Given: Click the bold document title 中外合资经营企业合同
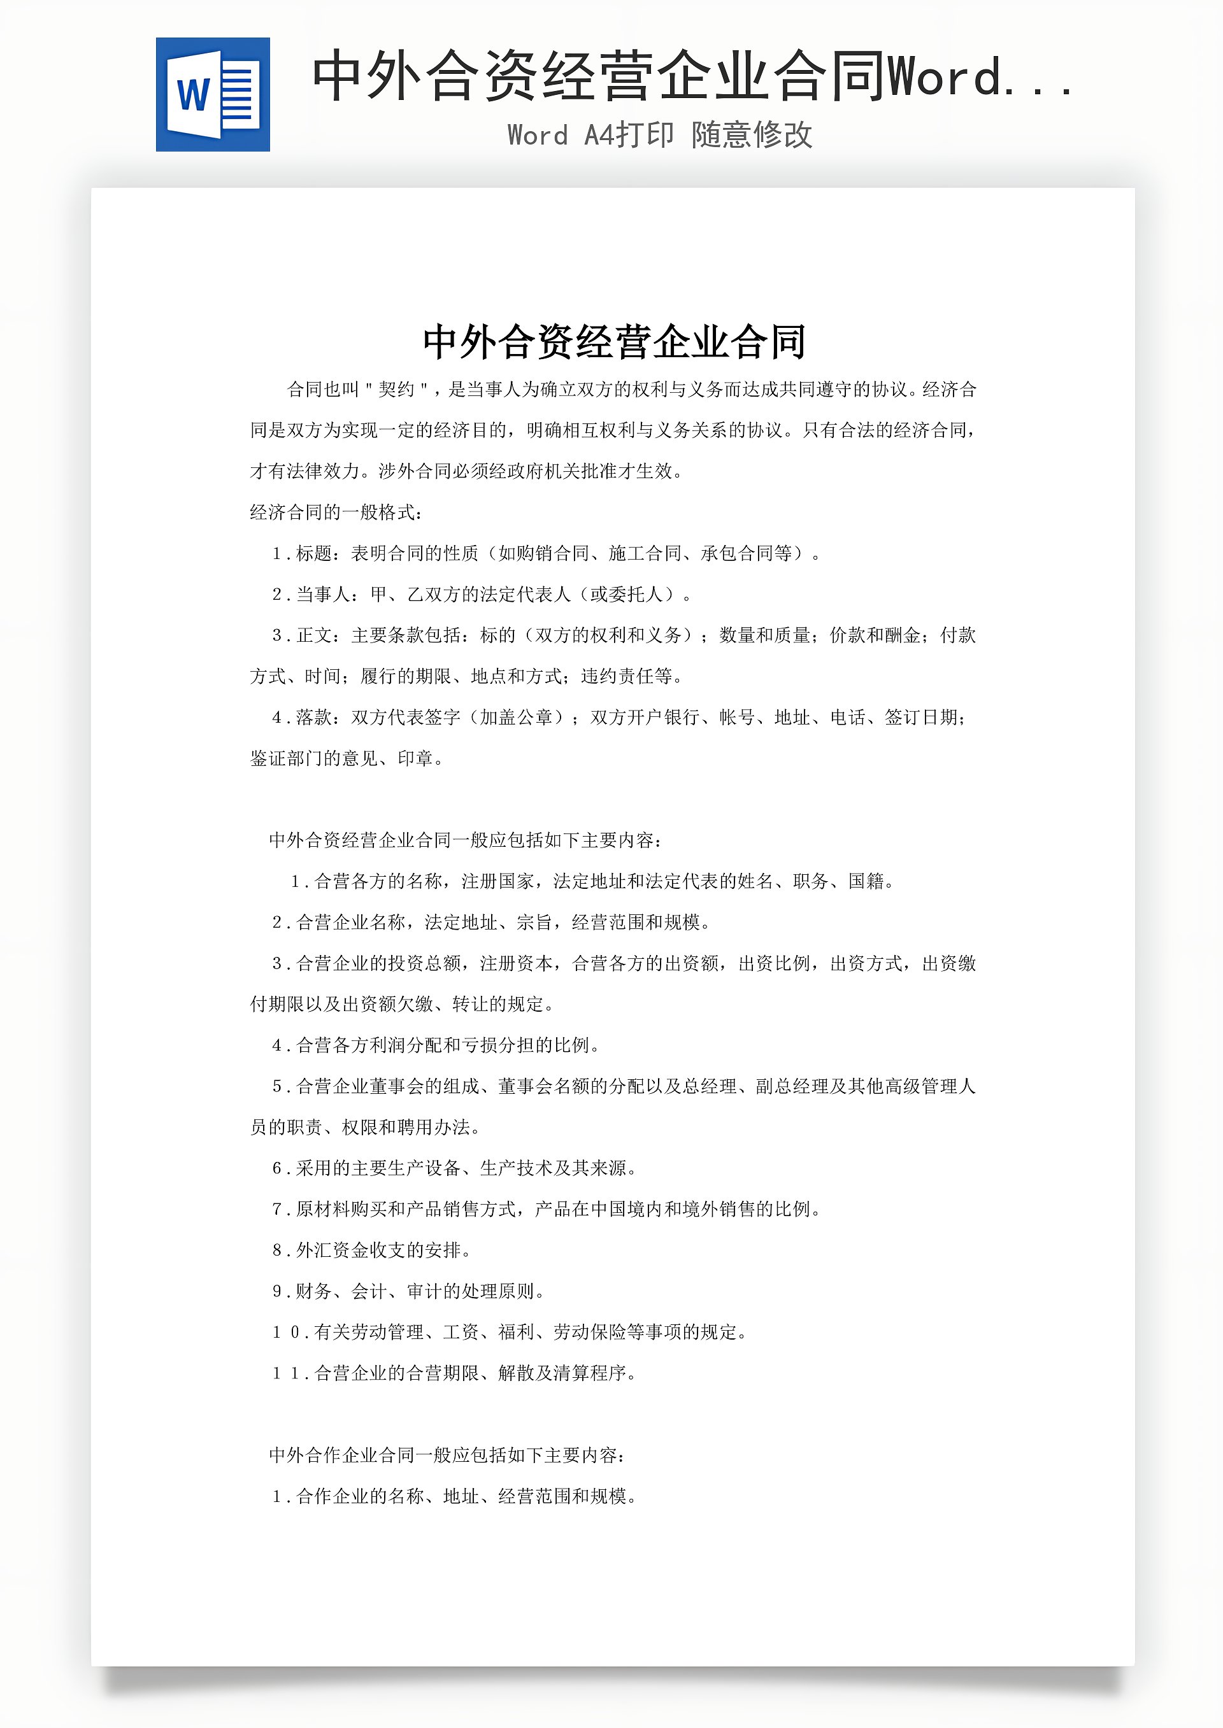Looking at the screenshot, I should coord(614,343).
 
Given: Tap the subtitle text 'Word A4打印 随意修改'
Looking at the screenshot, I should coord(660,136).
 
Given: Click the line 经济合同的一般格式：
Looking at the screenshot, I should coord(336,513).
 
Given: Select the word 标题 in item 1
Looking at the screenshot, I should coord(314,554).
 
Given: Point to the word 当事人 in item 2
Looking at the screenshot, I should coord(323,595).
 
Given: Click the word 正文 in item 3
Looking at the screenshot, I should coord(314,636).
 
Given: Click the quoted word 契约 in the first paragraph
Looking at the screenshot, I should coord(396,390).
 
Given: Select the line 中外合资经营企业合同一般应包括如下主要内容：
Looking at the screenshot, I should coord(466,840).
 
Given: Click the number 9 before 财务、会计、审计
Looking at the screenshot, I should coord(277,1291).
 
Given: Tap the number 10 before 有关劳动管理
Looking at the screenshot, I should coord(287,1332).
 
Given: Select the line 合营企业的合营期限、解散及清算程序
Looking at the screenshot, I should coord(475,1373).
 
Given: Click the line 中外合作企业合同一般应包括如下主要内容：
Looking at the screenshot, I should coord(447,1455).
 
